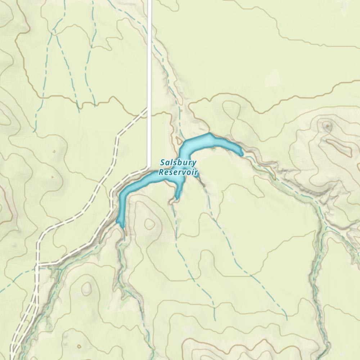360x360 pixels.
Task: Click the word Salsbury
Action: point(179,163)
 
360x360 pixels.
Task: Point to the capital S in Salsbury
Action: point(163,163)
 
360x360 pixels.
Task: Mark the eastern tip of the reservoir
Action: point(242,154)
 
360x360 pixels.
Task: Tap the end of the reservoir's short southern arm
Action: point(176,199)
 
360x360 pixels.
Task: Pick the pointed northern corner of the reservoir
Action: point(209,134)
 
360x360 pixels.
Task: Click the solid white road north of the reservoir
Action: point(149,54)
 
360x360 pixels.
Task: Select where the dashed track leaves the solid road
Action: point(149,108)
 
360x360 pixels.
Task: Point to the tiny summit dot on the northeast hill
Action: point(327,126)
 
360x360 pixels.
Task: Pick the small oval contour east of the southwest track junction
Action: point(86,288)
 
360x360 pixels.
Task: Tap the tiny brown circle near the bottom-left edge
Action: point(79,347)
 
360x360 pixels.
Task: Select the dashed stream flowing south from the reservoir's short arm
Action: point(176,230)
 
